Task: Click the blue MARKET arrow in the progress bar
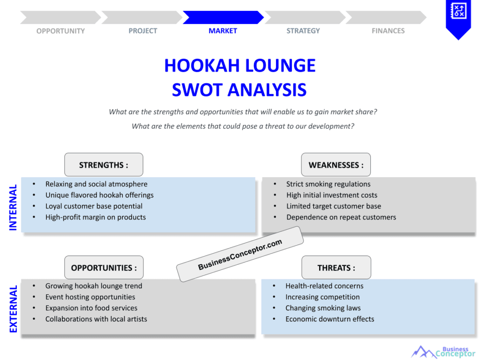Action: click(x=223, y=17)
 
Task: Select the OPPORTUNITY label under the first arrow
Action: click(x=60, y=31)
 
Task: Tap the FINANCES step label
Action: click(x=388, y=31)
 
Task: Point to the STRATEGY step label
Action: click(x=303, y=31)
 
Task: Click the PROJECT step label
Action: click(x=142, y=31)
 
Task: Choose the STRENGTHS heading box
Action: click(x=104, y=165)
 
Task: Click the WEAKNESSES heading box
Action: click(x=336, y=165)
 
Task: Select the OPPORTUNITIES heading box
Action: click(x=104, y=268)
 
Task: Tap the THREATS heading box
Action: click(x=336, y=268)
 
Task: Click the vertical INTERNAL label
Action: click(x=13, y=207)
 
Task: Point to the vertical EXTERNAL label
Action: click(x=13, y=309)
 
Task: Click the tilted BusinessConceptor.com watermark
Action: click(x=240, y=254)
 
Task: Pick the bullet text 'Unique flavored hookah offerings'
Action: click(x=99, y=195)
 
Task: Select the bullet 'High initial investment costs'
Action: click(x=332, y=195)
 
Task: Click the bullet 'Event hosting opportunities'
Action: click(x=90, y=297)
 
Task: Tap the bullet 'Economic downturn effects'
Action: click(x=330, y=319)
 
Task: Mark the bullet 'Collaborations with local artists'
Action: click(x=96, y=319)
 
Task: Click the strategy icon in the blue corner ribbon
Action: click(x=458, y=11)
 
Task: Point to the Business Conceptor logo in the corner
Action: click(x=442, y=352)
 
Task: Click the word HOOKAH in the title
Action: click(x=202, y=66)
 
